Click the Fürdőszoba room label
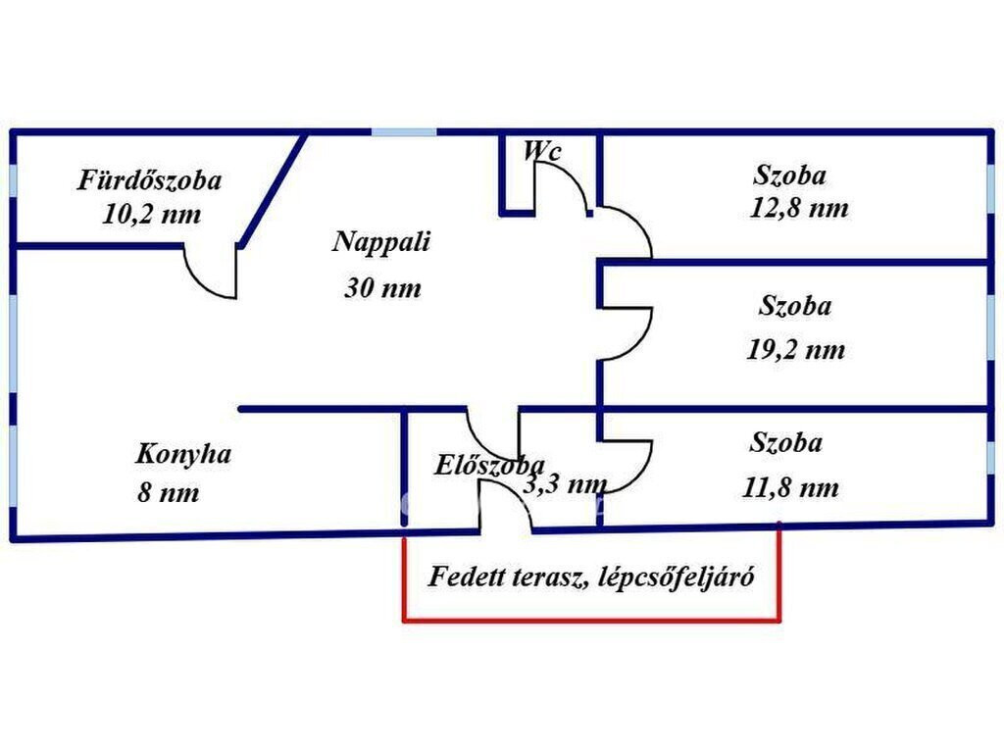click(150, 180)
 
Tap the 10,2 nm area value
click(152, 214)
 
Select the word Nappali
click(381, 241)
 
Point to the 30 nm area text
click(383, 287)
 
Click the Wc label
click(542, 150)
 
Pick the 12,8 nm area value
click(798, 208)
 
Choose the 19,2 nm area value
click(796, 350)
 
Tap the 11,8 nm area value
click(790, 488)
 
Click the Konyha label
click(183, 454)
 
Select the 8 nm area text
click(168, 492)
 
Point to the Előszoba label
click(489, 465)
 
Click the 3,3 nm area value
click(565, 483)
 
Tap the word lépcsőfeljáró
click(677, 577)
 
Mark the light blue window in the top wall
click(404, 132)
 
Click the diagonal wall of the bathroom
click(274, 189)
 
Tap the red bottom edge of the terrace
click(591, 620)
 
